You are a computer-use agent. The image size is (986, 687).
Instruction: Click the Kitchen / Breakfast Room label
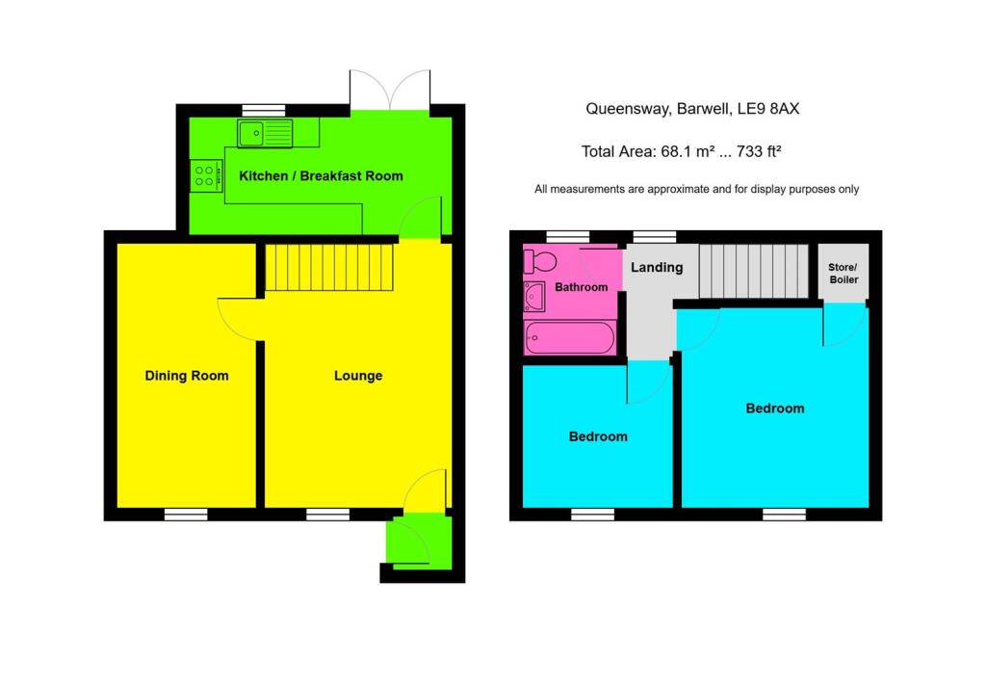click(x=321, y=176)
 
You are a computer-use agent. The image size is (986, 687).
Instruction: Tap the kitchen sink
click(x=264, y=134)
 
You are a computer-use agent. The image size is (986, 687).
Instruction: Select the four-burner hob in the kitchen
click(x=205, y=175)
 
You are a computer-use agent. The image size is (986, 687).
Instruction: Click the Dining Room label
click(x=187, y=375)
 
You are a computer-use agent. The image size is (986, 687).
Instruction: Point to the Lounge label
click(x=358, y=375)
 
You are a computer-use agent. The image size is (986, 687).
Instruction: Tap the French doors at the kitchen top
click(x=390, y=91)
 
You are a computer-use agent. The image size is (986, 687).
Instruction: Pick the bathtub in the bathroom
click(x=569, y=339)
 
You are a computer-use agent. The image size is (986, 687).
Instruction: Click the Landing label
click(x=657, y=267)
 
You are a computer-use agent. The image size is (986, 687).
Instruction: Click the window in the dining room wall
click(x=186, y=515)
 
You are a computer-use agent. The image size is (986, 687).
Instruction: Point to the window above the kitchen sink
click(x=257, y=109)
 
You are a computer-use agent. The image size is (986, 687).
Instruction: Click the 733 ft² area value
click(x=766, y=151)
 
